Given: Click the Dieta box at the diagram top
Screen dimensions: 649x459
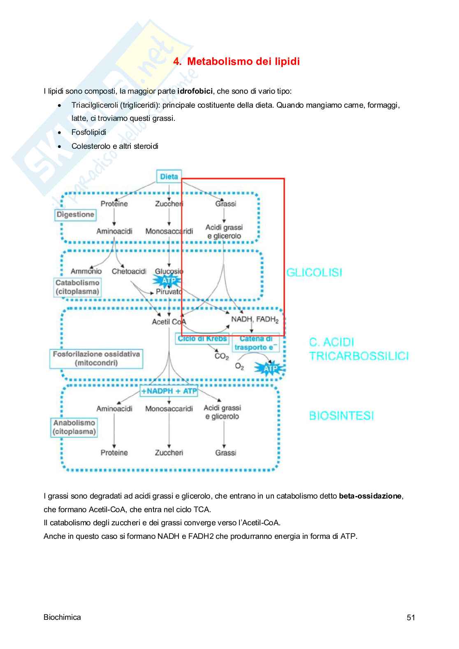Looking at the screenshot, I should click(x=169, y=177).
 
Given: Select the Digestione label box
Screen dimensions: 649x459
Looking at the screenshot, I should click(x=75, y=215).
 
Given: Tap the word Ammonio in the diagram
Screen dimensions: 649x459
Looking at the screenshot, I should click(x=86, y=271).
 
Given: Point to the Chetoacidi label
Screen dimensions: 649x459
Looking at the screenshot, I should click(x=129, y=271).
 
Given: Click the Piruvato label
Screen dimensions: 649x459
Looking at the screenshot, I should click(x=169, y=292).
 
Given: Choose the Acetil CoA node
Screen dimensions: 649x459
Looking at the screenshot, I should click(x=169, y=322).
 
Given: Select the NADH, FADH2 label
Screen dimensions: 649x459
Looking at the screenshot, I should click(x=255, y=320).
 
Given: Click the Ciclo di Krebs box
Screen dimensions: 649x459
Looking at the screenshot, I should click(x=202, y=339).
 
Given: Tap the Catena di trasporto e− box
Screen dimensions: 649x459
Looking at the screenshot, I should click(x=255, y=343).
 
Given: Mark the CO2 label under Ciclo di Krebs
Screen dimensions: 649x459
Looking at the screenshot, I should click(x=222, y=356).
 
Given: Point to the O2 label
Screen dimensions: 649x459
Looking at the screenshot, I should click(x=239, y=366).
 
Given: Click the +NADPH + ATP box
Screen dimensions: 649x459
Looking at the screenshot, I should click(x=169, y=391).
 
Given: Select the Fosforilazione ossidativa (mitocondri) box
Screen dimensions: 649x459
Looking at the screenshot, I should click(x=96, y=358).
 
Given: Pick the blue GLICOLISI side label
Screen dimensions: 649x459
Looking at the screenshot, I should click(x=314, y=273).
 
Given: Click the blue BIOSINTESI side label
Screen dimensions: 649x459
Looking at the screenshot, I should click(x=341, y=416).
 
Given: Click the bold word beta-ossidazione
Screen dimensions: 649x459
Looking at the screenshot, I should click(x=370, y=496).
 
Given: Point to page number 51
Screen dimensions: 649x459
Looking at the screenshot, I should click(x=411, y=617).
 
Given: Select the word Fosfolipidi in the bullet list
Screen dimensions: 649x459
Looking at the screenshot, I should click(x=89, y=132).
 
